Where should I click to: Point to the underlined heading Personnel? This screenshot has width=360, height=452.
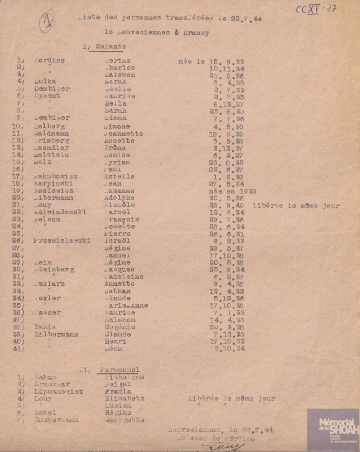pos(119,370)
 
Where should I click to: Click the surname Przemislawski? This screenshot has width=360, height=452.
pos(62,241)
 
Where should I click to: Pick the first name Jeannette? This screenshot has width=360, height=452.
pos(123,133)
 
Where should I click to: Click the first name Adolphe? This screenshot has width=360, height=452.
pos(119,198)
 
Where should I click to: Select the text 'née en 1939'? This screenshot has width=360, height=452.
pos(232,191)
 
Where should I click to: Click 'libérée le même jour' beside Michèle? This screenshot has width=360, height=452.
pos(296,205)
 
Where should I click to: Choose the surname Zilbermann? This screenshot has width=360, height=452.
pos(56,334)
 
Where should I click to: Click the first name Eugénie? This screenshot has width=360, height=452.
pos(120,327)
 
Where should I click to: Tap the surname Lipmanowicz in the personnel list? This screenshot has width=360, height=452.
pos(58,391)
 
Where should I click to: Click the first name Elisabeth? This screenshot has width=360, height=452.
pos(124,399)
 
